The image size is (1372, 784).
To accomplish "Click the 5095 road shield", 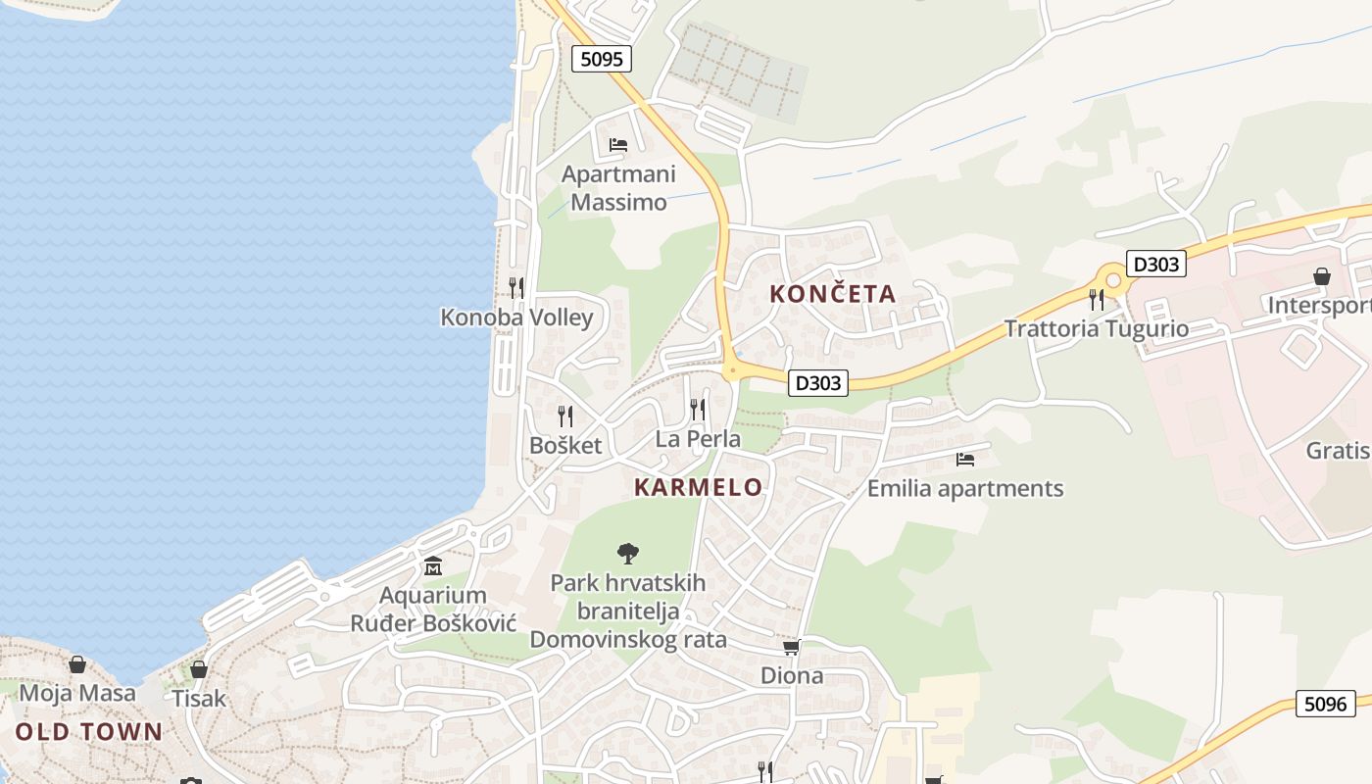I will [602, 59].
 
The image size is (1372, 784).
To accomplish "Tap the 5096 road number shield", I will [1326, 703].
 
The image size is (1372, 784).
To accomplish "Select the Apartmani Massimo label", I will [618, 188].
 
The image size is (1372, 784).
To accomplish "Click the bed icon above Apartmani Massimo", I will [618, 145].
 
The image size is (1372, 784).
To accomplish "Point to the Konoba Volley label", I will [516, 318].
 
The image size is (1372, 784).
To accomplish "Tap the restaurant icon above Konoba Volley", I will [516, 287].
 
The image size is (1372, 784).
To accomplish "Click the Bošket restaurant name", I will [565, 445].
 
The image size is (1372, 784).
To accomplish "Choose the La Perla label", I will [698, 438].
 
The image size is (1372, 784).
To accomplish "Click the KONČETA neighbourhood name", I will [833, 293].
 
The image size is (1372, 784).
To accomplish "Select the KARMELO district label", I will [698, 487].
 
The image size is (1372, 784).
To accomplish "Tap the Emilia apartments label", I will [965, 488].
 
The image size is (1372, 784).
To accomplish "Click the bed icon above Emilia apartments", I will [965, 459].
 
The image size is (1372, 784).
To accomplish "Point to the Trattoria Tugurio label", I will [1096, 328].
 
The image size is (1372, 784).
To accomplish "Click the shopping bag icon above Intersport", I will [1322, 276].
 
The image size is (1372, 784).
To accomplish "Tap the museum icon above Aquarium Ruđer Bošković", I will [433, 566].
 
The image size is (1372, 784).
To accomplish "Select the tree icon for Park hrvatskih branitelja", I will [628, 554].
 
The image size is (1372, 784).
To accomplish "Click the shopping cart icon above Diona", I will [792, 647].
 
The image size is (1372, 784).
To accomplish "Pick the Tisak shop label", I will [199, 699].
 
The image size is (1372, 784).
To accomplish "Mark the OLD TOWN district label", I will [88, 731].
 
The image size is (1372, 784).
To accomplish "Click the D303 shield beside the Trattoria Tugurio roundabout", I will [1156, 264].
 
